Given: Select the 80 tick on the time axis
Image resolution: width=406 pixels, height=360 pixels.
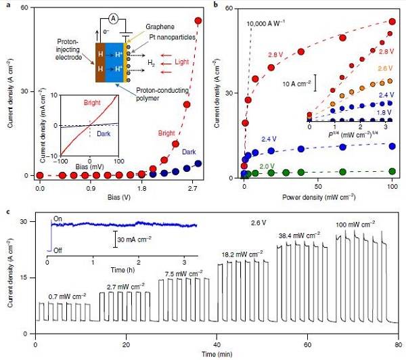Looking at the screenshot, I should (x=399, y=342).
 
